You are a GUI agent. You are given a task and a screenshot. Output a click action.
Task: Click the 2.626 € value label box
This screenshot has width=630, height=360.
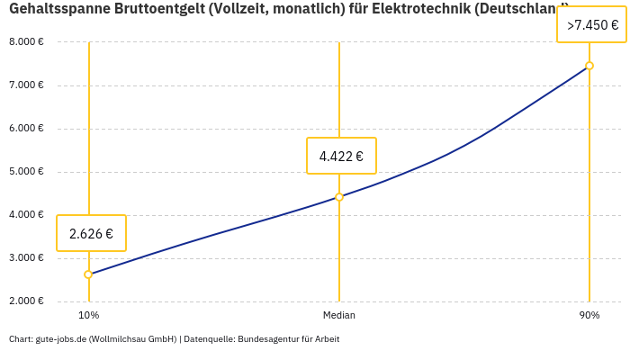pyautogui.click(x=91, y=233)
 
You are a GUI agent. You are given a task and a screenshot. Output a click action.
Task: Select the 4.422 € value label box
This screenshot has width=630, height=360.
pyautogui.click(x=341, y=156)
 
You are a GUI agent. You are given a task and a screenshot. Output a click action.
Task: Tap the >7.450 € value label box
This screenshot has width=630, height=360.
pyautogui.click(x=591, y=24)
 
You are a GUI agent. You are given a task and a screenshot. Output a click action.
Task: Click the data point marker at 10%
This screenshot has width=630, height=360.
pyautogui.click(x=88, y=274)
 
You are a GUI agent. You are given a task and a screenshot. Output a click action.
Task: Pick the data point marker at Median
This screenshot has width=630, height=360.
pyautogui.click(x=339, y=197)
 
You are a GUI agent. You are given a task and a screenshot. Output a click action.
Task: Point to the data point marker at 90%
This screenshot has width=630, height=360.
pyautogui.click(x=589, y=66)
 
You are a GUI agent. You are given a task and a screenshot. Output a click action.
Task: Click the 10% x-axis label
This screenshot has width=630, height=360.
pyautogui.click(x=88, y=315)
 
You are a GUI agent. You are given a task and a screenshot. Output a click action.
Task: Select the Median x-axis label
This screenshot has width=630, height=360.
pyautogui.click(x=339, y=315)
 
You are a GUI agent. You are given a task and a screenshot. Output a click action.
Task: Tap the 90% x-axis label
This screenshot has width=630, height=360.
pyautogui.click(x=589, y=315)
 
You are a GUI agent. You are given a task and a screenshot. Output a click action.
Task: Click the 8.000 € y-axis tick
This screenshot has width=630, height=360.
pyautogui.click(x=26, y=41)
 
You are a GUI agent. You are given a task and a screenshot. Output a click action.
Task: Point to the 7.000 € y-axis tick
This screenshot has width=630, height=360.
pyautogui.click(x=26, y=85)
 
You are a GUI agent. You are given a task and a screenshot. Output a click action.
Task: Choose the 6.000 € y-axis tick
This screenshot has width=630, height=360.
pyautogui.click(x=26, y=128)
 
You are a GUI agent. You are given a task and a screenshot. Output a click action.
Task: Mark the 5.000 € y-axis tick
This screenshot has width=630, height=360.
pyautogui.click(x=26, y=171)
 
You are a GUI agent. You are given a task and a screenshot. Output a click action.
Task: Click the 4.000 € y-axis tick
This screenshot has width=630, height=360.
pyautogui.click(x=26, y=214)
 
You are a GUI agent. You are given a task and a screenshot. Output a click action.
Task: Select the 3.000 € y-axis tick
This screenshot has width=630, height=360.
pyautogui.click(x=26, y=257)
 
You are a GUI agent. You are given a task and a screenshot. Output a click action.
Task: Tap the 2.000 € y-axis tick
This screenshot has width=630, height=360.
pyautogui.click(x=26, y=301)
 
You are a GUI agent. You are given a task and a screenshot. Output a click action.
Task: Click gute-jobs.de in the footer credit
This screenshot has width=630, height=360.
pyautogui.click(x=60, y=339)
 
